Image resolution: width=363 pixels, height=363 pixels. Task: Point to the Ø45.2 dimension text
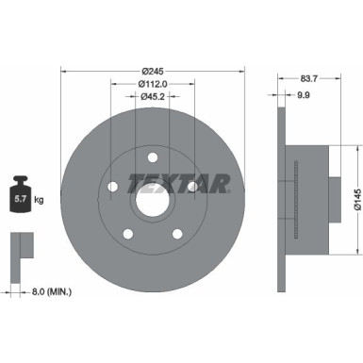click(x=152, y=95)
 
